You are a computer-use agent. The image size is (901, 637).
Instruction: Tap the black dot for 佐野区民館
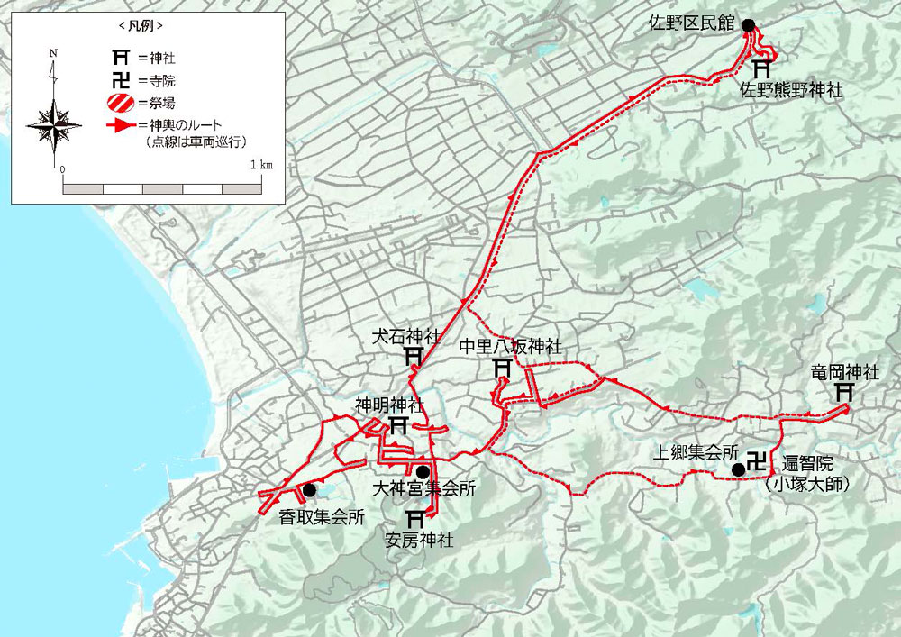[x=747, y=25]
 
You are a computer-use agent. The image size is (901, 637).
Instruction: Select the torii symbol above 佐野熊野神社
[x=762, y=68]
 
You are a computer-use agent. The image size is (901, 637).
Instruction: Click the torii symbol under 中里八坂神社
[x=503, y=368]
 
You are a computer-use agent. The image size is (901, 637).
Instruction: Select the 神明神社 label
[x=389, y=405]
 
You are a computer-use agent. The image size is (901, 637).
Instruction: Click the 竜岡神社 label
[x=844, y=373]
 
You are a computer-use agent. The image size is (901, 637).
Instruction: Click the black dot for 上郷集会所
[x=738, y=469]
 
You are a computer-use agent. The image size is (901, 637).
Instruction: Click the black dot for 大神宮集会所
[x=423, y=471]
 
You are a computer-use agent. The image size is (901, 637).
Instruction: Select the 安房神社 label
[x=418, y=541]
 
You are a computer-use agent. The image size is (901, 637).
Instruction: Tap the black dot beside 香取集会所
[x=309, y=490]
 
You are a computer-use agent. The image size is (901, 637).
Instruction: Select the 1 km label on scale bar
[x=262, y=166]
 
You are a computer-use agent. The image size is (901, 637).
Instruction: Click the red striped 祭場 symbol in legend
[x=118, y=102]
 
